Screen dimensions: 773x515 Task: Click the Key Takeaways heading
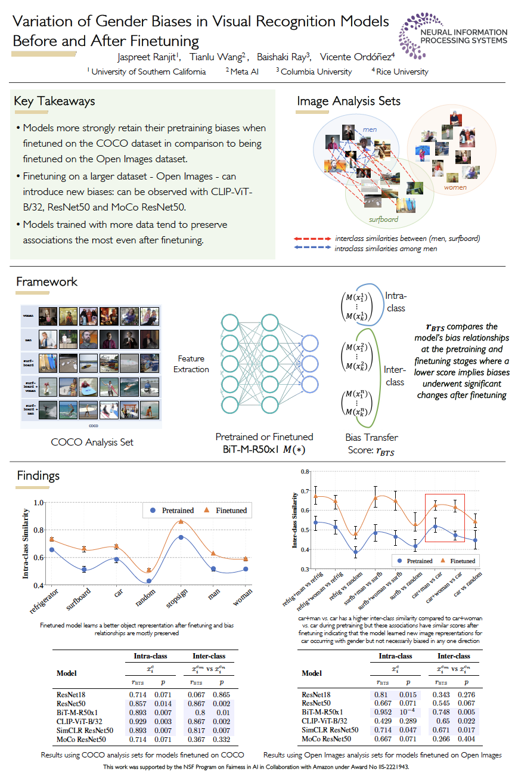tap(54, 101)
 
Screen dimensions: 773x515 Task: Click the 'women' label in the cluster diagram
tap(455, 187)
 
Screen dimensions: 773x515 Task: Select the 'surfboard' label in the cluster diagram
tap(383, 219)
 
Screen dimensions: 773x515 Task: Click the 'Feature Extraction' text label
tap(191, 364)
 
